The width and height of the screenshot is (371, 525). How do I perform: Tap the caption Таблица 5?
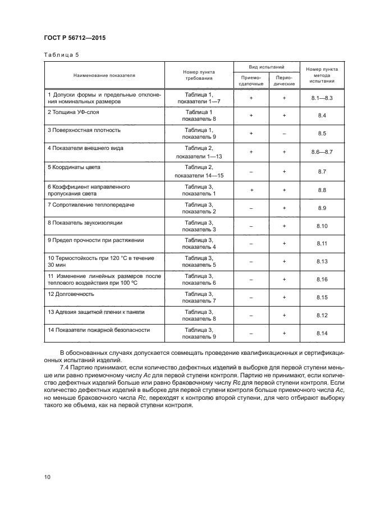click(59, 55)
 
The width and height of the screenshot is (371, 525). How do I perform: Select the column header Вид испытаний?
click(267, 66)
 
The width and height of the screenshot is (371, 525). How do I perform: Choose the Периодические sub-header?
click(284, 80)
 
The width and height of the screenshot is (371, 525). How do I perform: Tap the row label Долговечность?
click(71, 294)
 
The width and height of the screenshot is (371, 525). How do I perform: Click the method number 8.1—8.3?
click(322, 98)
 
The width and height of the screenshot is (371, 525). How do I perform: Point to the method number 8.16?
click(322, 280)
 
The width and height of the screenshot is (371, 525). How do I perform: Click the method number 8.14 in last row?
click(322, 334)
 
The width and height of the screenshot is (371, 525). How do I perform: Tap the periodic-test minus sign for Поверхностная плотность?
click(284, 134)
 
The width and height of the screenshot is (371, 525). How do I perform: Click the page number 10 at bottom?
click(47, 477)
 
